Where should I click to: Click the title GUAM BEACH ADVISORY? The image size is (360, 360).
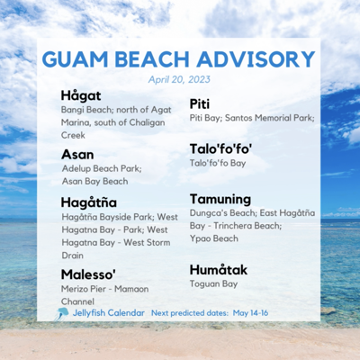point(179,58)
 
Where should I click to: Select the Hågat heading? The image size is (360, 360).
point(80,95)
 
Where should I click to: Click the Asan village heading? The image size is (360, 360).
point(77,154)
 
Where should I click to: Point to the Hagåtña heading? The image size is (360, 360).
point(89,202)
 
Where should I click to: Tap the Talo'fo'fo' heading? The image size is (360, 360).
point(220,148)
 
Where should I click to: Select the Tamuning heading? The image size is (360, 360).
point(220,199)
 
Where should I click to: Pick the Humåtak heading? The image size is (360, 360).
point(218,269)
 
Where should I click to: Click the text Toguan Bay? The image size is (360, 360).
point(214,283)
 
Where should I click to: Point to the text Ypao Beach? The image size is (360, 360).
point(213,239)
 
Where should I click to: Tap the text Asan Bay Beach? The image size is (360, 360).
point(95,182)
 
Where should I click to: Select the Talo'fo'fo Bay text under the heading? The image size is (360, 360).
point(217,163)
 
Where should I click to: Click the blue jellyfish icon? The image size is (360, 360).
point(62,313)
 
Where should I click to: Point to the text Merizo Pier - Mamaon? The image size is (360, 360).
point(112,288)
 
